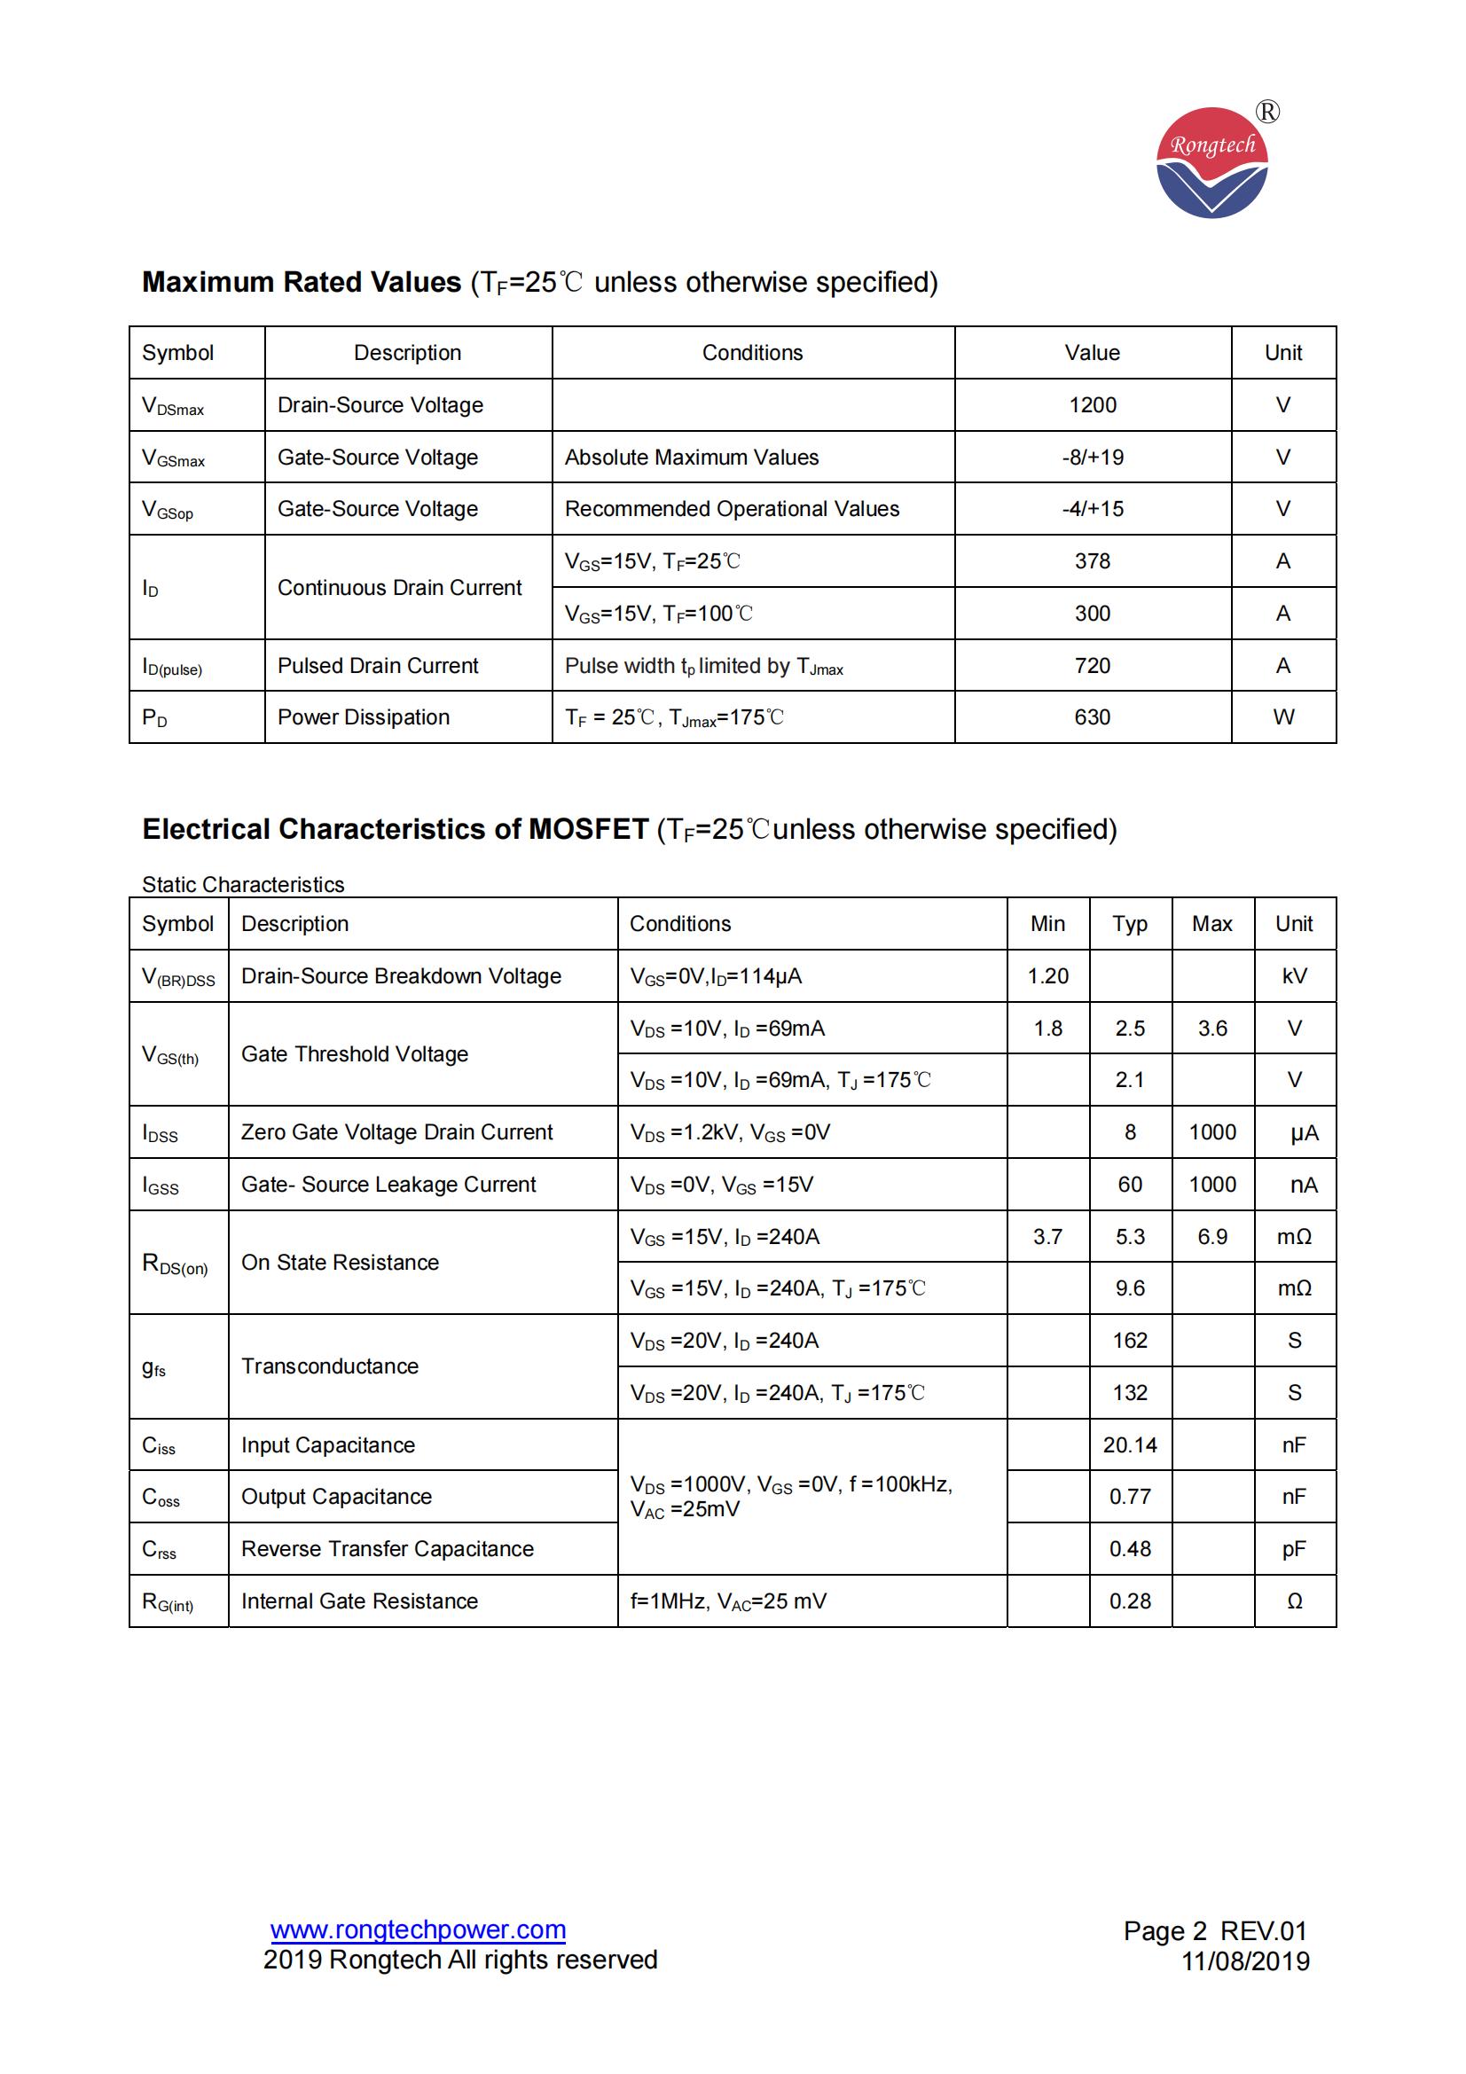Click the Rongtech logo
pyautogui.click(x=1211, y=162)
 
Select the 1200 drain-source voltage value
pyautogui.click(x=1092, y=404)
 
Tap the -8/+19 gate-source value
pyautogui.click(x=1092, y=457)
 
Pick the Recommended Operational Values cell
pyautogui.click(x=732, y=509)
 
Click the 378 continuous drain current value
pyautogui.click(x=1092, y=561)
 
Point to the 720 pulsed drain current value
pyautogui.click(x=1092, y=666)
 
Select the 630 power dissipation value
pyautogui.click(x=1092, y=717)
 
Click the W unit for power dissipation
pyautogui.click(x=1282, y=717)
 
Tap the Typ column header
pyautogui.click(x=1129, y=923)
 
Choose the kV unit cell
pyautogui.click(x=1293, y=975)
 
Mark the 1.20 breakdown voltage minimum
pyautogui.click(x=1047, y=975)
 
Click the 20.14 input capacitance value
pyautogui.click(x=1129, y=1445)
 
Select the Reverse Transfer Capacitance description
pyautogui.click(x=387, y=1549)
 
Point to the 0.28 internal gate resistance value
pyautogui.click(x=1129, y=1601)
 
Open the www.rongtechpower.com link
pyautogui.click(x=419, y=1930)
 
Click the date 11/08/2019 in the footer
pyautogui.click(x=1244, y=1961)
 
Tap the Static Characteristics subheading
pyautogui.click(x=243, y=884)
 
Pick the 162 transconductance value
pyautogui.click(x=1129, y=1341)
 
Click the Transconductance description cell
pyautogui.click(x=330, y=1366)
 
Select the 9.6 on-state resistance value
pyautogui.click(x=1129, y=1288)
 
